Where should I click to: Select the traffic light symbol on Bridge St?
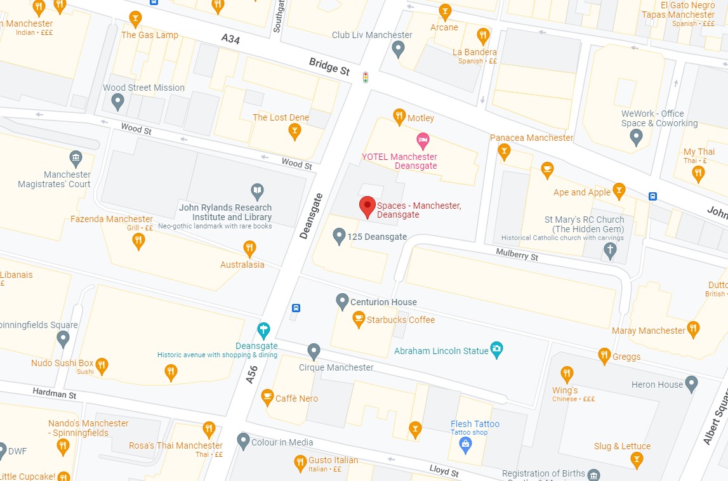point(365,77)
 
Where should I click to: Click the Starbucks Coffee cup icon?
point(359,318)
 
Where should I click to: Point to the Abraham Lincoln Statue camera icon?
point(497,350)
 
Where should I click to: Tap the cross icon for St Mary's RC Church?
point(609,250)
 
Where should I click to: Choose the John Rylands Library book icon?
point(257,190)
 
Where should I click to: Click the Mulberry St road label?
point(517,255)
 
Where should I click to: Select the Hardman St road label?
point(55,394)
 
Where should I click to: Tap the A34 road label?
point(231,39)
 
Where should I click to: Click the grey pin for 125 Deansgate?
point(340,236)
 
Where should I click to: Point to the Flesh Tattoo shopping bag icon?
point(466,443)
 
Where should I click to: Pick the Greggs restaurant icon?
point(604,355)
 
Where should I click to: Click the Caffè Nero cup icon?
point(267,397)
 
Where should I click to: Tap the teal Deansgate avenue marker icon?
point(263,329)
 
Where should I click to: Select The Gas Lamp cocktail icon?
point(135,18)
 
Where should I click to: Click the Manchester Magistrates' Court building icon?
point(76,157)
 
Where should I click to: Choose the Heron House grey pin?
point(692,383)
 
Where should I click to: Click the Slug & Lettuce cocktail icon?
point(637,459)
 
